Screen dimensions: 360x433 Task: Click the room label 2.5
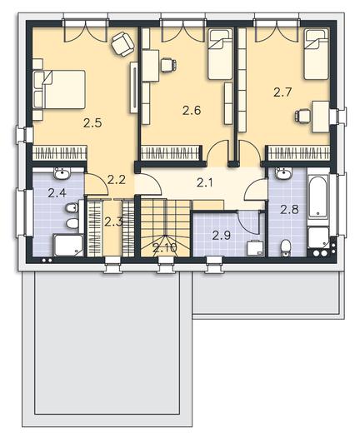[x=92, y=122]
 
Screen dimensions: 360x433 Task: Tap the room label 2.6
[x=192, y=111]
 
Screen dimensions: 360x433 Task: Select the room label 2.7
[x=282, y=92]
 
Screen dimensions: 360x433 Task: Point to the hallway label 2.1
[x=205, y=183]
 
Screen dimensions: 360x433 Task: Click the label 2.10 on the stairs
[x=165, y=248]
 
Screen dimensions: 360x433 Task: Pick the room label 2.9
[x=221, y=236]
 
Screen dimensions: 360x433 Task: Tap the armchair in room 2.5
[x=123, y=44]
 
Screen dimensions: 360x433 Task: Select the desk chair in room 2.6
[x=168, y=66]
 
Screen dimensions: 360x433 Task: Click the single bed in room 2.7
[x=316, y=55]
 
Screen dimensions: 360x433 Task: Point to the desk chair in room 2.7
[x=302, y=116]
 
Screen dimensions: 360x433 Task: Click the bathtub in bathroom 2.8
[x=318, y=197]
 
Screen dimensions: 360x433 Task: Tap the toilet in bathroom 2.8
[x=285, y=247]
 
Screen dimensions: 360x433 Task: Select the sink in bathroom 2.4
[x=62, y=174]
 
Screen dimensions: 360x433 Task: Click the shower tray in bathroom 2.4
[x=68, y=246]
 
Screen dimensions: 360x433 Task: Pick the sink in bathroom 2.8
[x=283, y=174]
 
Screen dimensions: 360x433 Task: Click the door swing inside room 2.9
[x=247, y=222]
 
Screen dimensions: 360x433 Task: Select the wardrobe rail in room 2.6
[x=171, y=153]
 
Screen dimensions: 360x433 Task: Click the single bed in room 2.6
[x=220, y=55]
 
